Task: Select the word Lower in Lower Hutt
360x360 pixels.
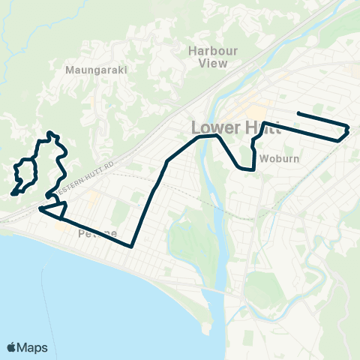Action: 213,127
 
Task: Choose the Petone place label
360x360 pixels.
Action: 97,234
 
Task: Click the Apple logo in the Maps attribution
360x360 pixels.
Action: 12,348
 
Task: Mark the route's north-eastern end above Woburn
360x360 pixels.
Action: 298,113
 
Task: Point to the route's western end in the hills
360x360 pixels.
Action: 13,194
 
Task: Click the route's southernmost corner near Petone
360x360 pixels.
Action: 131,245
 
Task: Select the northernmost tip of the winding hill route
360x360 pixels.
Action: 49,133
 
